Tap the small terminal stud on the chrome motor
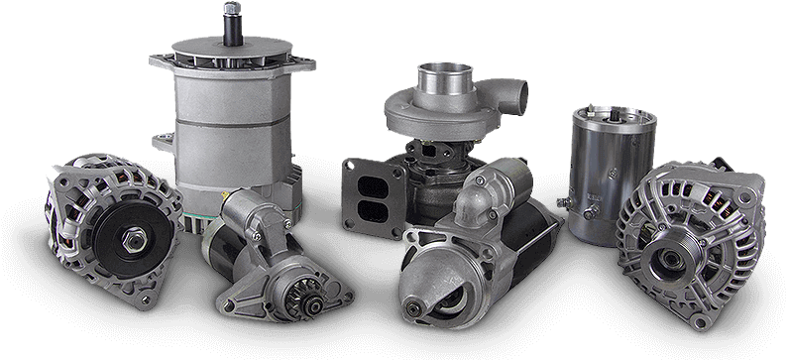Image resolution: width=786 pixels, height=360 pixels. [x=563, y=201]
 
